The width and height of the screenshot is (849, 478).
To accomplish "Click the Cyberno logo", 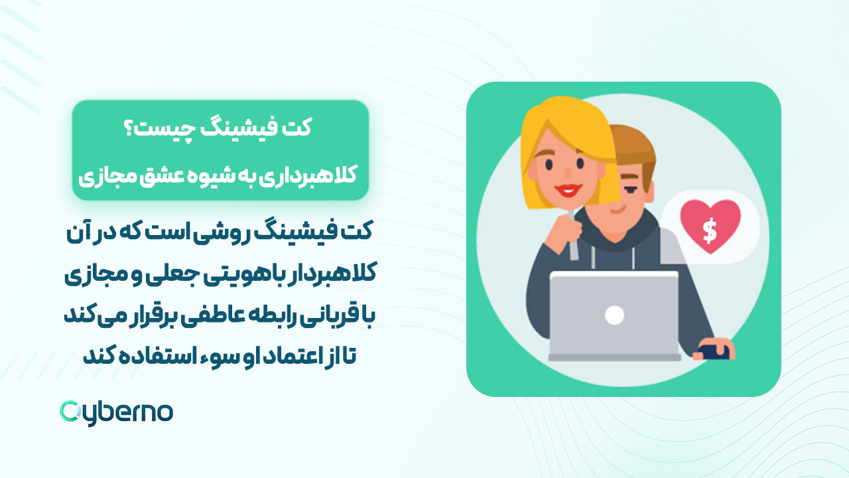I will coord(116,412).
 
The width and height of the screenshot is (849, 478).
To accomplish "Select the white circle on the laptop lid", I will coord(614,314).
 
